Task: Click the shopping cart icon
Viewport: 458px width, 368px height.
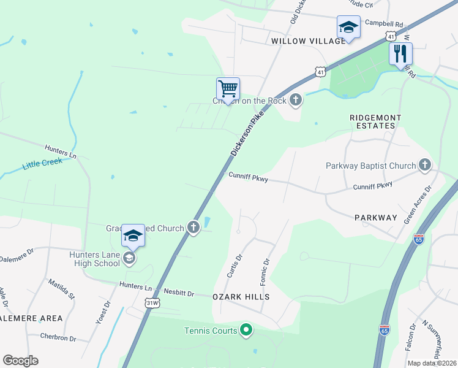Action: (228, 89)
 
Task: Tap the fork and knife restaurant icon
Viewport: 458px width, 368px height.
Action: (400, 53)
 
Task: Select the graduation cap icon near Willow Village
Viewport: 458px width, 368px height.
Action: (348, 28)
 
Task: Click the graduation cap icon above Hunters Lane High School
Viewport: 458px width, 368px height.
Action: (133, 236)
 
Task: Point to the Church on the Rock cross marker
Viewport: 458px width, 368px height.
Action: (296, 100)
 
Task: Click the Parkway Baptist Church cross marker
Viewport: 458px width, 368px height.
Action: (425, 165)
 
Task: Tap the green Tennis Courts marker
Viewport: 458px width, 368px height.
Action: (246, 331)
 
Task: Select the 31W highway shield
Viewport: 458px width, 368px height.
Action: (152, 302)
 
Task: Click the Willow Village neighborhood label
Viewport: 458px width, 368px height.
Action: (309, 40)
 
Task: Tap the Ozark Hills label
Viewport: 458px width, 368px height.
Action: (241, 296)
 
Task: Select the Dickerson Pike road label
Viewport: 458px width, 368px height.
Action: (247, 133)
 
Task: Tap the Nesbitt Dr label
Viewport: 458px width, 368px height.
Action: (178, 294)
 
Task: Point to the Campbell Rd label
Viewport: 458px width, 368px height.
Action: (384, 23)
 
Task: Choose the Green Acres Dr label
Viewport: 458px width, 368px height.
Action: (418, 205)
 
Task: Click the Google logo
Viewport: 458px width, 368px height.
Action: (20, 361)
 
